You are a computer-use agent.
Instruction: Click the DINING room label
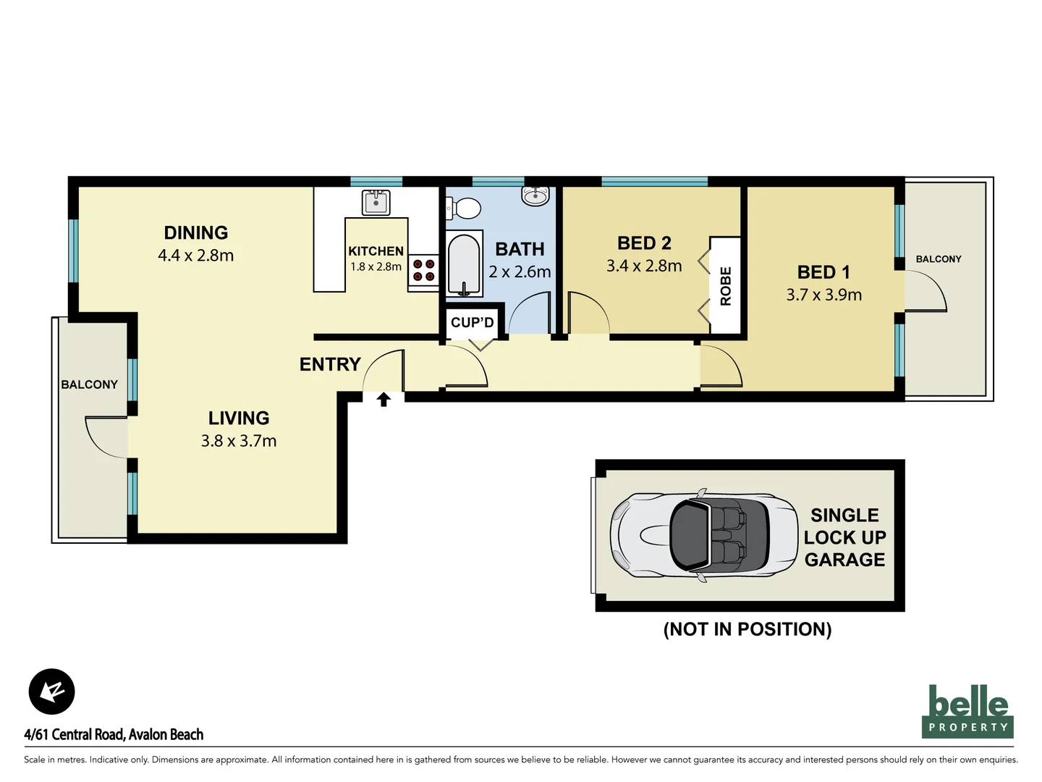click(x=195, y=232)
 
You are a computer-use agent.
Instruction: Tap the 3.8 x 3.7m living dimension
click(x=239, y=441)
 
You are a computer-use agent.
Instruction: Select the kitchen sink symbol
click(x=376, y=202)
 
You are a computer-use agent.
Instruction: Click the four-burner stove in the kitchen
click(x=424, y=270)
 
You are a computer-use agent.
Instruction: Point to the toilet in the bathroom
click(x=465, y=209)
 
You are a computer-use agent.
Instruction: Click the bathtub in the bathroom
click(x=464, y=264)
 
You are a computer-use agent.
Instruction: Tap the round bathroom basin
click(x=535, y=195)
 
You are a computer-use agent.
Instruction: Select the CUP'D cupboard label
click(x=472, y=322)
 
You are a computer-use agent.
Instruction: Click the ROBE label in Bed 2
click(x=726, y=286)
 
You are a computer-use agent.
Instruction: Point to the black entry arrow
click(x=384, y=399)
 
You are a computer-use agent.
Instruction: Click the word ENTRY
click(x=330, y=364)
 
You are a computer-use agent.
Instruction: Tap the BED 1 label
click(x=823, y=272)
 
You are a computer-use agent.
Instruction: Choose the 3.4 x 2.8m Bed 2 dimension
click(x=644, y=266)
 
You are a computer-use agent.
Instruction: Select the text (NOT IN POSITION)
click(x=747, y=629)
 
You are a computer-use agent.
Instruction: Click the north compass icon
click(x=52, y=691)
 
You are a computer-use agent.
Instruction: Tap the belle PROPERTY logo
click(x=967, y=711)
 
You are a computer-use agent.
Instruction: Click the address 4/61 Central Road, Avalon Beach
click(x=114, y=734)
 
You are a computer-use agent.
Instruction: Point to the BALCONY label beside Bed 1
click(x=939, y=258)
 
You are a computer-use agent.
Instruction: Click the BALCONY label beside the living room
click(x=89, y=384)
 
